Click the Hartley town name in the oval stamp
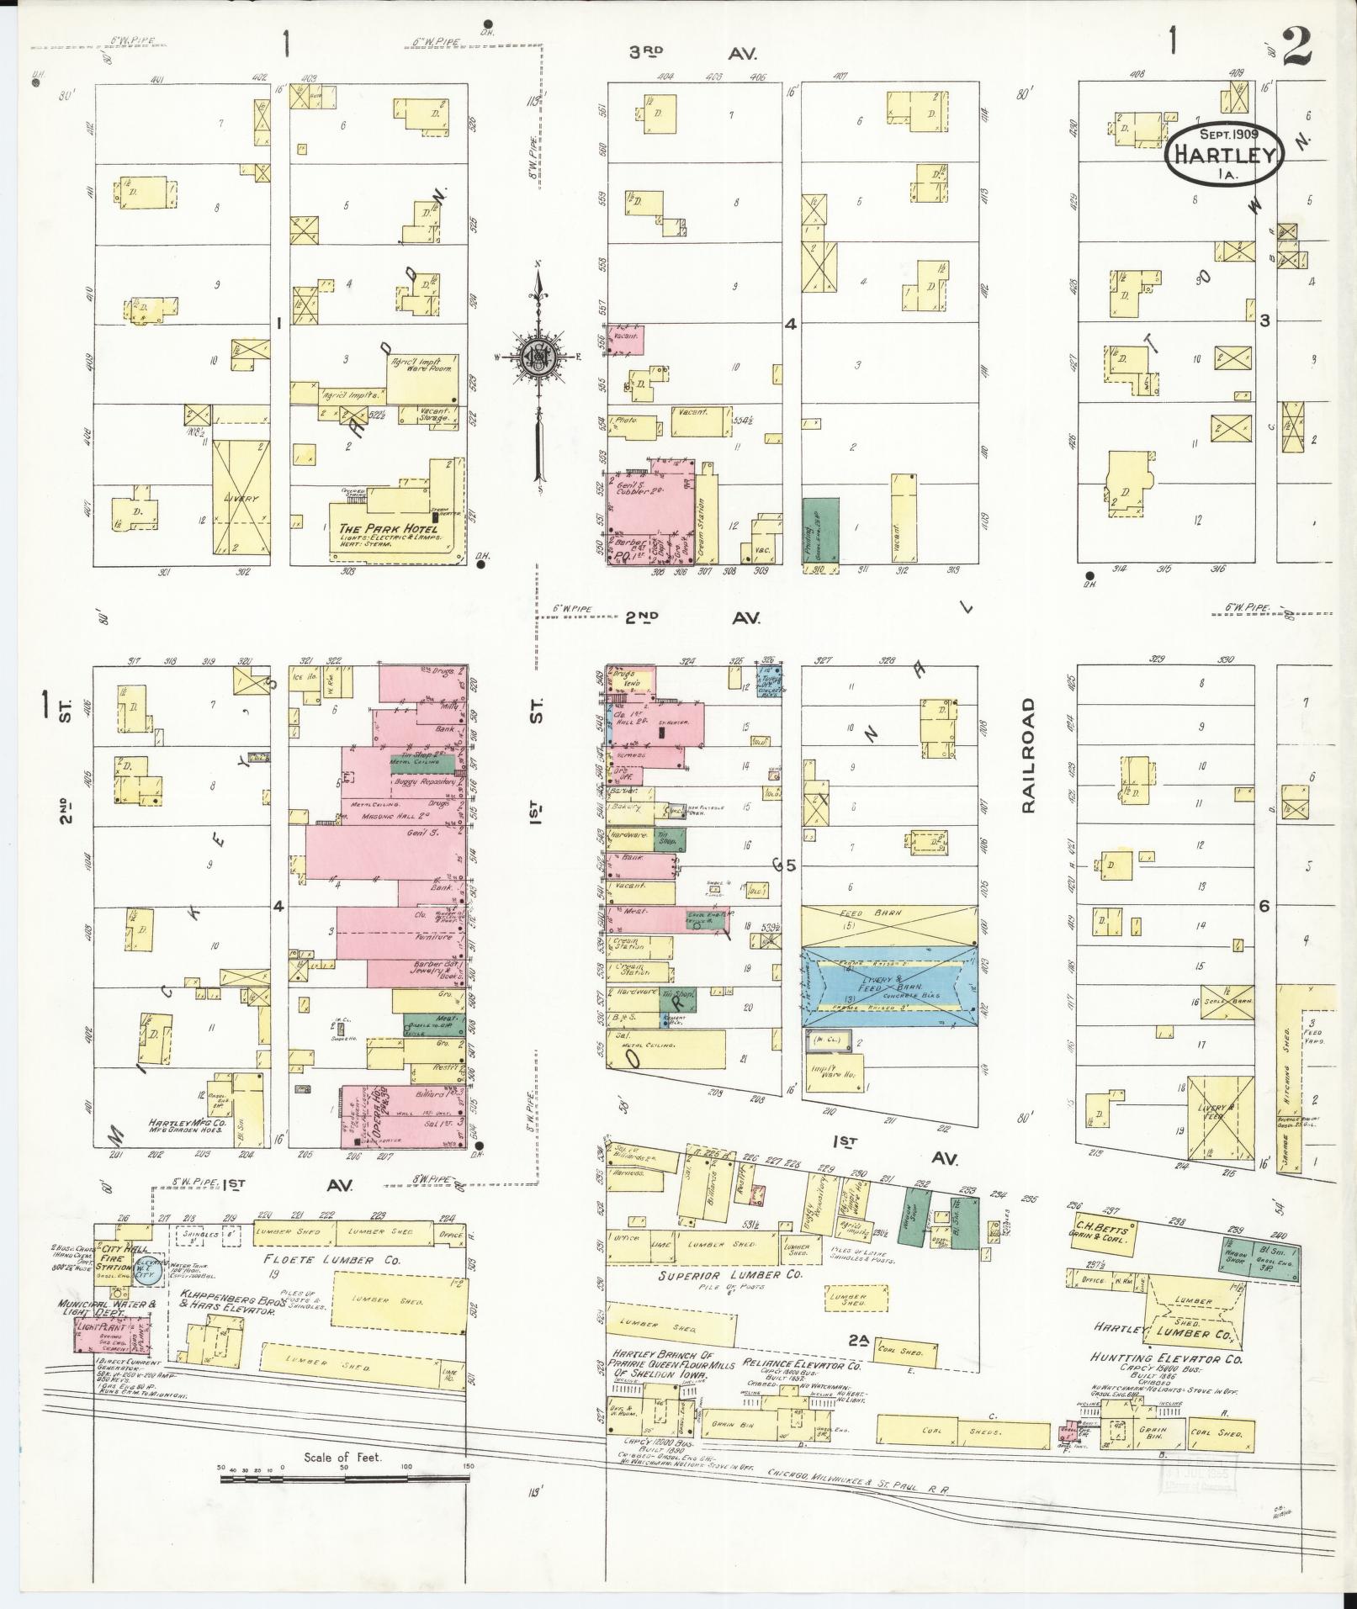tap(1224, 156)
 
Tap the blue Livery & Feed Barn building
tap(889, 987)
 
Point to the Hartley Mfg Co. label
tap(186, 1123)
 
